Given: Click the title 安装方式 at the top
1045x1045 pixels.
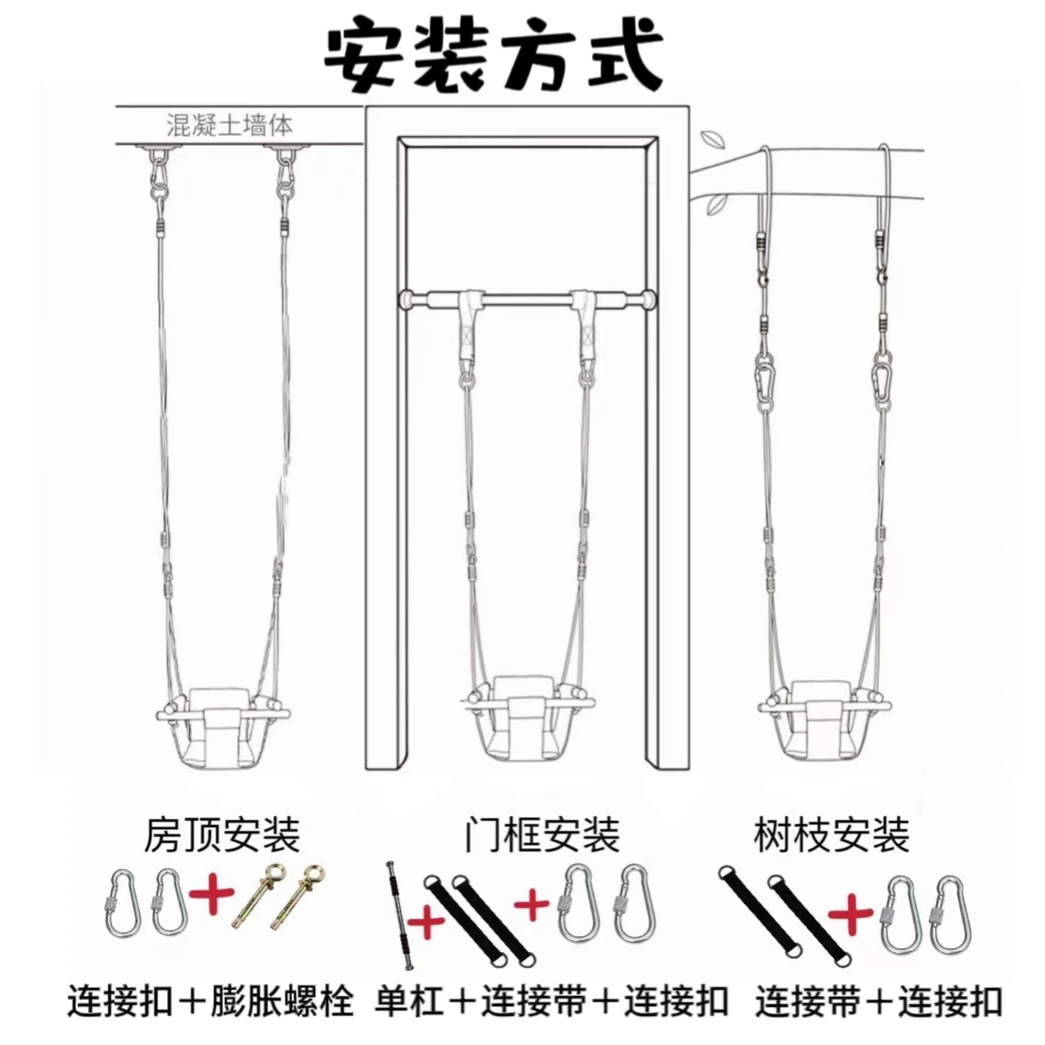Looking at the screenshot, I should coord(493,58).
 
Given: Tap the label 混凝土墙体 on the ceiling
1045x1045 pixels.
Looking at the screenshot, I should coord(229,125).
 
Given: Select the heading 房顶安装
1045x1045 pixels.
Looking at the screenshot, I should coord(222,835).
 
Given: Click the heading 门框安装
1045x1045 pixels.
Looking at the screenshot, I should coord(541,835).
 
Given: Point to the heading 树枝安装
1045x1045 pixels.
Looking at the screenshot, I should coord(831,835).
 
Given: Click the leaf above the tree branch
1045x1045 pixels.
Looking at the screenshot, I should coord(709,139).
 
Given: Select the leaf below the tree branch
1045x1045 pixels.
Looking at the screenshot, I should coord(716,202).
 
